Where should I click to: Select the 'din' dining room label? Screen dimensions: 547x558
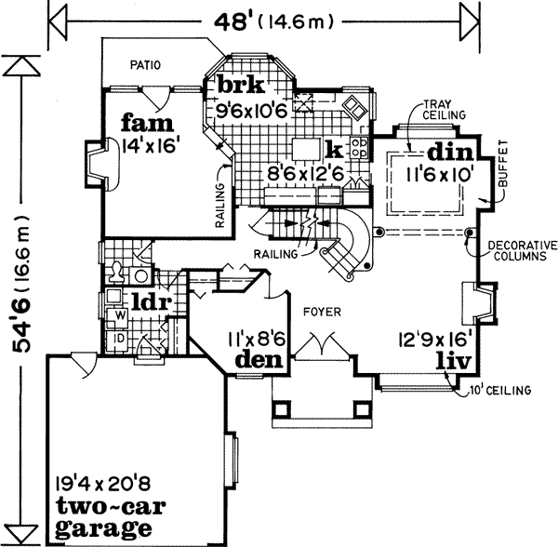click(451, 152)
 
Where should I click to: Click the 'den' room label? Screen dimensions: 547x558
click(258, 359)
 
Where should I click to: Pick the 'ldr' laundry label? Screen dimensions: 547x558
click(148, 302)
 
